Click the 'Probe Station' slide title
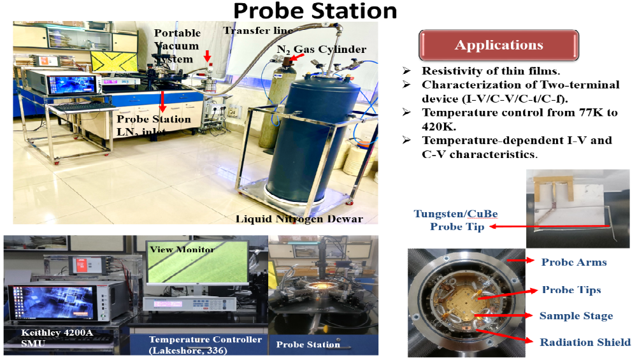pos(315,11)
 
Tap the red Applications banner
pos(499,45)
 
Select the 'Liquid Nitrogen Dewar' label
pos(299,219)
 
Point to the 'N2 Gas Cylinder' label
pos(321,50)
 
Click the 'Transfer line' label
pos(258,31)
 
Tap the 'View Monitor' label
pos(182,250)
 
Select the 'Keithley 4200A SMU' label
pos(57,338)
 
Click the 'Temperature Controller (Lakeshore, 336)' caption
pos(205,345)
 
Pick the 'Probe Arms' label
pos(574,263)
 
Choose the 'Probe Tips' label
pos(571,290)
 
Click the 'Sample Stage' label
pos(576,316)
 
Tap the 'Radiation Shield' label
pos(585,343)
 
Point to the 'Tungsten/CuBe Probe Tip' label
pos(456,220)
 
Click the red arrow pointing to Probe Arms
pos(521,260)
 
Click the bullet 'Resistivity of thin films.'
pos(490,71)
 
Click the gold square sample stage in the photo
pos(455,300)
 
